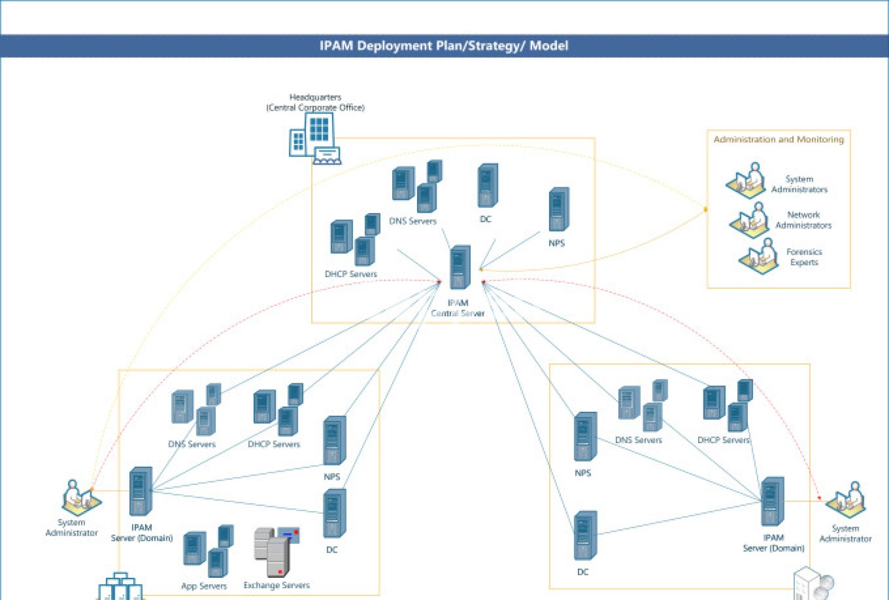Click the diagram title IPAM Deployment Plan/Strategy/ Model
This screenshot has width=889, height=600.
[444, 46]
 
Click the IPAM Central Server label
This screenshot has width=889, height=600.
[457, 308]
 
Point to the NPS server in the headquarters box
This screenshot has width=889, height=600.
[559, 209]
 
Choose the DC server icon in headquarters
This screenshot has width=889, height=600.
[488, 186]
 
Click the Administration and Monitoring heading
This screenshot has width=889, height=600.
[778, 139]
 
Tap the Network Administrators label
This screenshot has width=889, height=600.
[803, 220]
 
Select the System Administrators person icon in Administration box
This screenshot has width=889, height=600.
[746, 180]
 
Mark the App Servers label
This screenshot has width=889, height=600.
[204, 586]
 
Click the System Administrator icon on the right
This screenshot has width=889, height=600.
[847, 500]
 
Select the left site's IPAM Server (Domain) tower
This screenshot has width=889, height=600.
[141, 491]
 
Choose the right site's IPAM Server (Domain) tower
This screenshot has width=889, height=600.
[772, 501]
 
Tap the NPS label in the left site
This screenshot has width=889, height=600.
[332, 477]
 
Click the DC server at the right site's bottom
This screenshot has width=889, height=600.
[585, 536]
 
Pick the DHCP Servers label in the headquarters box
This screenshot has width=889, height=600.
[351, 274]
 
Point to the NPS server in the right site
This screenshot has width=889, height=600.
[585, 437]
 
